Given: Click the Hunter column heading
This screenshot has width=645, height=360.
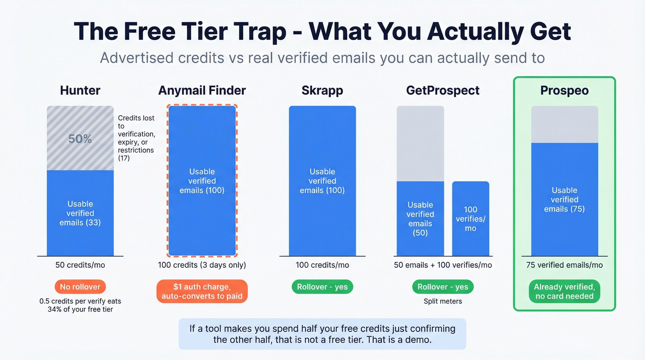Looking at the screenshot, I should pyautogui.click(x=80, y=90).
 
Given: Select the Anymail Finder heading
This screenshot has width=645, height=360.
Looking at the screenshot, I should pyautogui.click(x=202, y=90).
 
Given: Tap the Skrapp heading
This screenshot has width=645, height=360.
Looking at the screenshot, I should pyautogui.click(x=322, y=90).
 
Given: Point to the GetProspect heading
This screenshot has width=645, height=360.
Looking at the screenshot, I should pyautogui.click(x=443, y=90).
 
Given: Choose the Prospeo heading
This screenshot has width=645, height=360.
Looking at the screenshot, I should pyautogui.click(x=564, y=90).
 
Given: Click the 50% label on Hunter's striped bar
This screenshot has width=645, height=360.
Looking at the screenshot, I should pyautogui.click(x=80, y=139).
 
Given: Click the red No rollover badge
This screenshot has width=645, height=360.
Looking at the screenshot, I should pyautogui.click(x=80, y=287).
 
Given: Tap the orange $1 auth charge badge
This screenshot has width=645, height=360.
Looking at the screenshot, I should pyautogui.click(x=202, y=291).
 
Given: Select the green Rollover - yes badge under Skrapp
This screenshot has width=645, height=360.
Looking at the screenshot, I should pyautogui.click(x=322, y=287).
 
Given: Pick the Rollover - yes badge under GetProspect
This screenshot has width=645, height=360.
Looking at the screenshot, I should pyautogui.click(x=443, y=287).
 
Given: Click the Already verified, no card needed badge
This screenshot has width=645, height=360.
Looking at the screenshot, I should pyautogui.click(x=564, y=291).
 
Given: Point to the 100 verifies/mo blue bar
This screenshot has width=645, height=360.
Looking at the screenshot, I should pyautogui.click(x=470, y=218).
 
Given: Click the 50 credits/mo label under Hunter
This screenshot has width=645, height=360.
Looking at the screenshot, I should pyautogui.click(x=80, y=265).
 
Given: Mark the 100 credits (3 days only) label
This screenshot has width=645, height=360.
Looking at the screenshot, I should pyautogui.click(x=202, y=265).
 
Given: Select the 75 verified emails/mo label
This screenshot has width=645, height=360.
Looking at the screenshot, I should pyautogui.click(x=564, y=265).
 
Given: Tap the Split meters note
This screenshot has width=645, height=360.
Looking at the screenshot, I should pyautogui.click(x=443, y=301).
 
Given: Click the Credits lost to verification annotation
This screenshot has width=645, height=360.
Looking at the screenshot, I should pyautogui.click(x=136, y=138).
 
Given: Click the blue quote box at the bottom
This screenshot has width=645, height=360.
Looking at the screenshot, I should pyautogui.click(x=322, y=334).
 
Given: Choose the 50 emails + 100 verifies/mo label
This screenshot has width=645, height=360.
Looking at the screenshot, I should pyautogui.click(x=443, y=265).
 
